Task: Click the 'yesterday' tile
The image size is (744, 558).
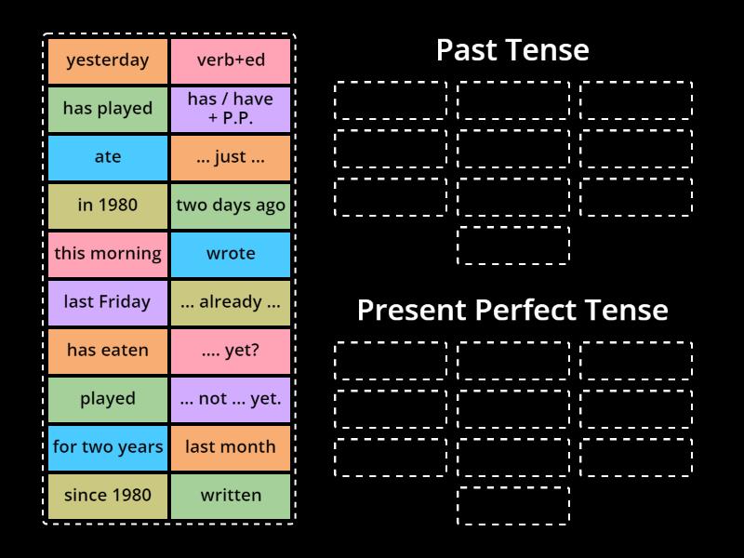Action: [108, 60]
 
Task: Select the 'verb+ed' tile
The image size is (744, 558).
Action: [231, 60]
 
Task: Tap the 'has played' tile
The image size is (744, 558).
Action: [108, 109]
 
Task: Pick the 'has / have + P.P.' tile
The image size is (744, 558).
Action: [231, 109]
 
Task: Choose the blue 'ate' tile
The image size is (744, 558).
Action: [108, 157]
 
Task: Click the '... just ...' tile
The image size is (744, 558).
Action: [231, 157]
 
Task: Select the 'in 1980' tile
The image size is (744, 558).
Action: [108, 206]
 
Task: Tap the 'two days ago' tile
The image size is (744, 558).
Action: [231, 206]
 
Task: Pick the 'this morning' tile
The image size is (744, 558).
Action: [108, 254]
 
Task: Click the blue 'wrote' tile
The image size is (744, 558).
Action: [231, 254]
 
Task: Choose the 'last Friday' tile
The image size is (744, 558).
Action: [108, 302]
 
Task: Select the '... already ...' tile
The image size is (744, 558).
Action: [231, 302]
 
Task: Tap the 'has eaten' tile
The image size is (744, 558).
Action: [108, 351]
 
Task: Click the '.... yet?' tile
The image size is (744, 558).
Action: [231, 351]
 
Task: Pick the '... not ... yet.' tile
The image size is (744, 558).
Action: [231, 399]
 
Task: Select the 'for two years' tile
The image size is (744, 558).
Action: [108, 447]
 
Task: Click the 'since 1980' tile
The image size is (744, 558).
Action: [108, 496]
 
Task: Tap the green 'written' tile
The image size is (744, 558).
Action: [231, 496]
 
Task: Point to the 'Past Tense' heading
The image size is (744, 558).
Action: [512, 50]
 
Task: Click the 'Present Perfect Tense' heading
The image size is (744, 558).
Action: [512, 310]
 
